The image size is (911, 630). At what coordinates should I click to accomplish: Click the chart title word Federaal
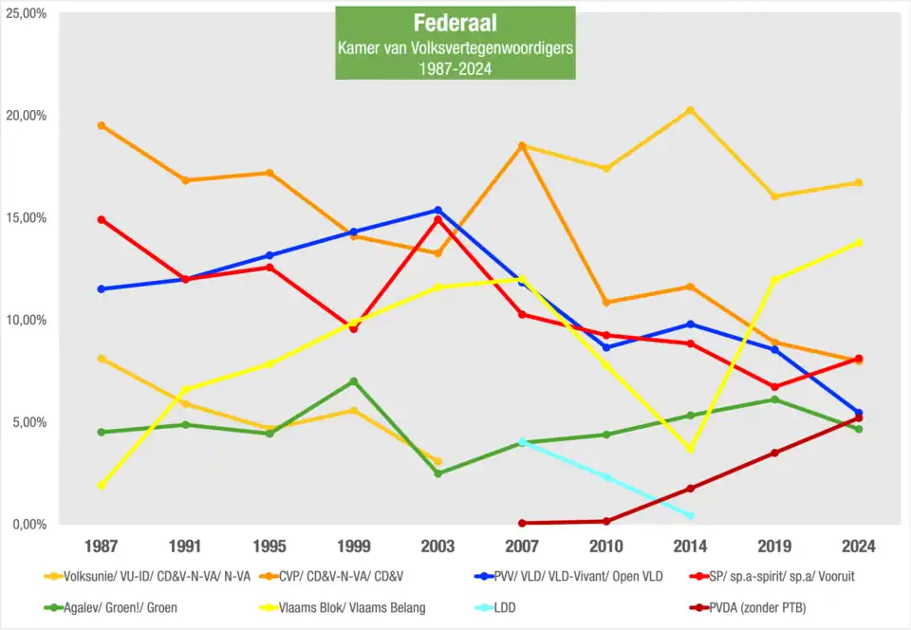pyautogui.click(x=455, y=23)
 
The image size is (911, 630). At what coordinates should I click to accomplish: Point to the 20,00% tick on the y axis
pyautogui.click(x=28, y=116)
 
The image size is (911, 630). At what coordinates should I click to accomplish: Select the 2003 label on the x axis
pyautogui.click(x=437, y=547)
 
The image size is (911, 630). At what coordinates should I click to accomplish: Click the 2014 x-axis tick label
pyautogui.click(x=690, y=547)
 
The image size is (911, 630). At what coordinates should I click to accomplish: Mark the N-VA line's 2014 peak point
pyautogui.click(x=690, y=110)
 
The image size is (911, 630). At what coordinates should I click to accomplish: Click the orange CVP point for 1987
pyautogui.click(x=102, y=125)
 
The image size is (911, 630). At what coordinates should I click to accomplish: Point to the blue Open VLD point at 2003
pyautogui.click(x=437, y=211)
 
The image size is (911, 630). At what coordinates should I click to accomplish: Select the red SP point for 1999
pyautogui.click(x=354, y=328)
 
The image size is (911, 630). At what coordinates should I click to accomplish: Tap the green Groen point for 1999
pyautogui.click(x=354, y=381)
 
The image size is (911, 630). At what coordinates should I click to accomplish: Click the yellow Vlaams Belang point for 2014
pyautogui.click(x=690, y=449)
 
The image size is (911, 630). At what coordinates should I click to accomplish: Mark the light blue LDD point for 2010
pyautogui.click(x=606, y=477)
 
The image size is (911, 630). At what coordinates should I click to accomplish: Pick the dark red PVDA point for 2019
pyautogui.click(x=774, y=453)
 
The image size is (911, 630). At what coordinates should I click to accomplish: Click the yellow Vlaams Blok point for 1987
pyautogui.click(x=102, y=485)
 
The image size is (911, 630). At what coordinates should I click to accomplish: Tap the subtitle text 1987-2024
pyautogui.click(x=455, y=67)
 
